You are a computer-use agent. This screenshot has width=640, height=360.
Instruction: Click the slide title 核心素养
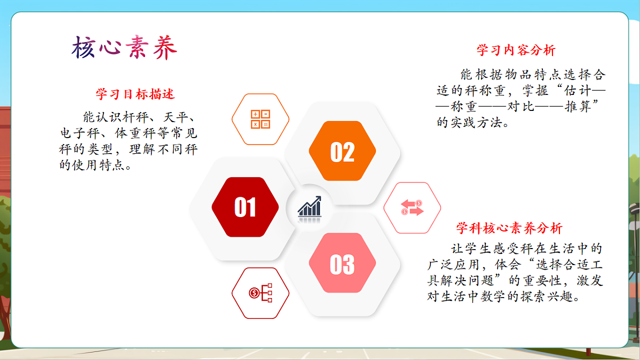pos(124,49)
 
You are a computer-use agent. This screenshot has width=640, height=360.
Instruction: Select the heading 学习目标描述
pos(135,94)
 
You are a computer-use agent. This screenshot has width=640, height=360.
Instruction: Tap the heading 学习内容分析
pos(516,50)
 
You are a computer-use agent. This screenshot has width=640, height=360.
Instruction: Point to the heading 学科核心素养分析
pos(509,229)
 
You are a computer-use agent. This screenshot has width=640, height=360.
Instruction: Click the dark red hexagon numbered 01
pos(245,207)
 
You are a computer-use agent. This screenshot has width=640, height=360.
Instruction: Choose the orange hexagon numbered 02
pos(342,151)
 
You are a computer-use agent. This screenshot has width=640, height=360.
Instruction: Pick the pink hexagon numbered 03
pos(342,263)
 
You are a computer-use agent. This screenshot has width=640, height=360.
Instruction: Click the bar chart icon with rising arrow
pos(309,207)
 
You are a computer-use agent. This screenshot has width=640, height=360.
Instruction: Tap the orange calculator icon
pos(261,119)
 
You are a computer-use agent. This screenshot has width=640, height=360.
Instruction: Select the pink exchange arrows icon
pos(412,207)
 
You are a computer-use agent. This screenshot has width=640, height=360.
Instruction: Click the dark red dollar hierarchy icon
pos(261,293)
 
